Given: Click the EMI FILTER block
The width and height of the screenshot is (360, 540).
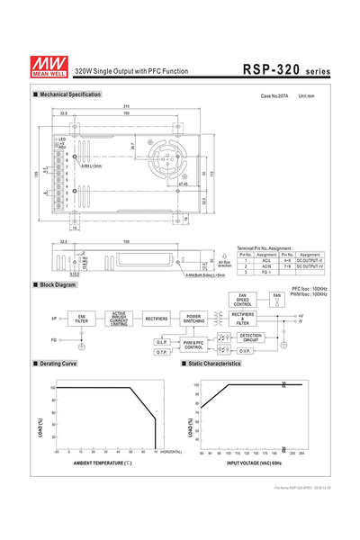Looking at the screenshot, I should tap(82, 318).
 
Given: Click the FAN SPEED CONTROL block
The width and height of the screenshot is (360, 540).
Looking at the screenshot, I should tap(243, 300).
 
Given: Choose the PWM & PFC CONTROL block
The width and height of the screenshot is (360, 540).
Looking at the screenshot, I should tap(193, 345).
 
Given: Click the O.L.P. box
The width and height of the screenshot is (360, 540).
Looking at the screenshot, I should tap(162, 342).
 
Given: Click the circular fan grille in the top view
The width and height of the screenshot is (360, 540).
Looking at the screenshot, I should tap(166, 160).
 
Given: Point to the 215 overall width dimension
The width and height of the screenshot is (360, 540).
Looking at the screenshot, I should tap(125, 107).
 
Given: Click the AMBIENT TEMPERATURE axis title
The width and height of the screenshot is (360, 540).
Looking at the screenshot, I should tap(103, 462).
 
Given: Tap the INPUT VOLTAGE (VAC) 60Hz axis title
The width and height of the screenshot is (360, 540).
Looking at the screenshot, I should tap(253, 462).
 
